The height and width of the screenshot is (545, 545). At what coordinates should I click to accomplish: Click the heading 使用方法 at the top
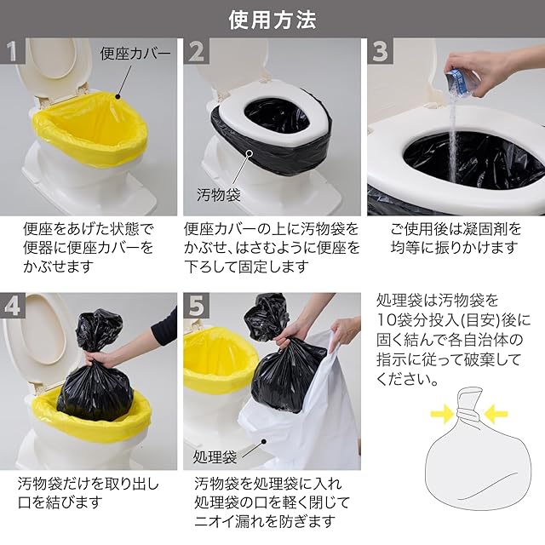[x=272, y=20]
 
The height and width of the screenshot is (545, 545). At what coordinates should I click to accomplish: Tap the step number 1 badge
[x=13, y=51]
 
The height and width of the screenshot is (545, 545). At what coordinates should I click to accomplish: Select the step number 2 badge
[x=197, y=51]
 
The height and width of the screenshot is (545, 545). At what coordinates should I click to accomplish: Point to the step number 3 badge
[x=381, y=51]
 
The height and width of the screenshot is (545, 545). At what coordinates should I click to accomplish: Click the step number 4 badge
[x=13, y=306]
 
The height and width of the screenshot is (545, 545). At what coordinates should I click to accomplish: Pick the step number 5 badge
[x=197, y=306]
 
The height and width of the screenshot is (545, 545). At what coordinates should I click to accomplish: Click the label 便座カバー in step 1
[x=135, y=54]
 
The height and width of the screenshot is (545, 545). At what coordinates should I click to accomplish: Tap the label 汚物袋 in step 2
[x=219, y=195]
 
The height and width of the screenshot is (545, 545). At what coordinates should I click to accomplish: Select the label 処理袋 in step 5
[x=215, y=457]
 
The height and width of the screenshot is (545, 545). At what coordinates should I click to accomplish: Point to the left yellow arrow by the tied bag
[x=442, y=414]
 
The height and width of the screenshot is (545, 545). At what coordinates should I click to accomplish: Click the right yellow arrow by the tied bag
[x=496, y=414]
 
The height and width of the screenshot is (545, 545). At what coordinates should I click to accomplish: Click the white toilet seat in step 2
[x=272, y=118]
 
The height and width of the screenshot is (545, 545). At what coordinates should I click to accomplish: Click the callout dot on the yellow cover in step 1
[x=118, y=98]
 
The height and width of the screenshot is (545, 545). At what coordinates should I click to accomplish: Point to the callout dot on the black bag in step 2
[x=250, y=152]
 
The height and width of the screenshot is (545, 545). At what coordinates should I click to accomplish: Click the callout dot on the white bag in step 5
[x=264, y=441]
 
